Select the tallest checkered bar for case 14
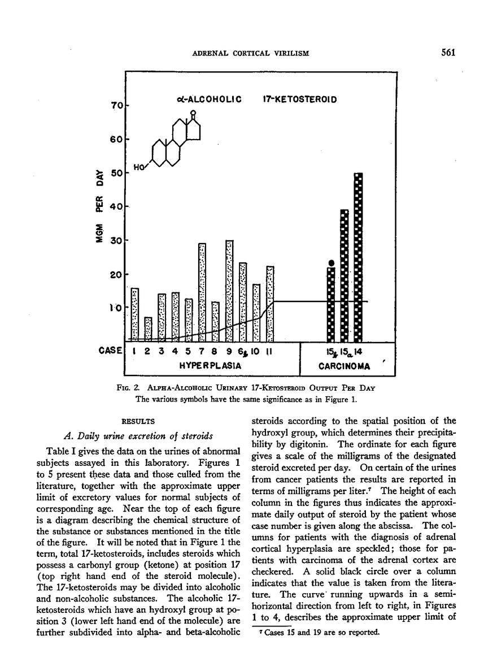[x=358, y=257]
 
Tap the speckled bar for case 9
[x=229, y=291]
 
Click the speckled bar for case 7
[x=202, y=292]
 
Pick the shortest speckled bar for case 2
[x=148, y=329]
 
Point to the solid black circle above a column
[x=332, y=262]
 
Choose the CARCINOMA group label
[x=344, y=366]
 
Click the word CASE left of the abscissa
[x=110, y=351]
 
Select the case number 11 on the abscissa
[x=270, y=351]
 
